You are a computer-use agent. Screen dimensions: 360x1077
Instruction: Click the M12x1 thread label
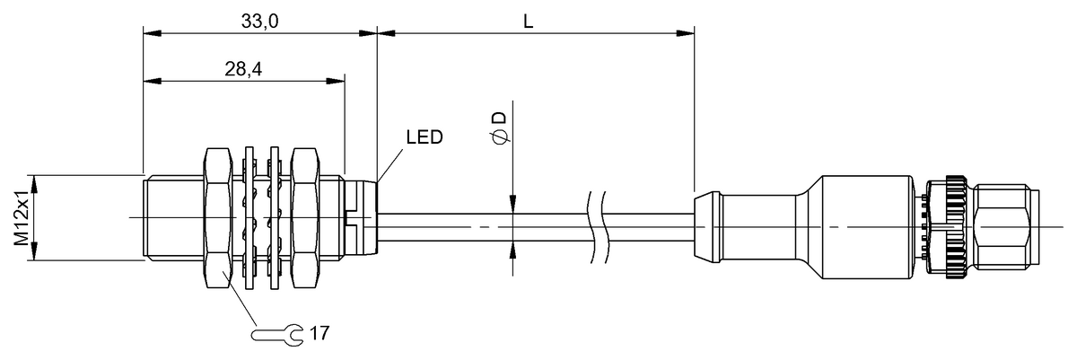20,218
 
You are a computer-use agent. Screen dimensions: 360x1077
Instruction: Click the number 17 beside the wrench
320,333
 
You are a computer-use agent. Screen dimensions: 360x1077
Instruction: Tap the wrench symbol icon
278,334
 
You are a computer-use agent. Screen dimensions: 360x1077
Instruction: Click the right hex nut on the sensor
305,218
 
